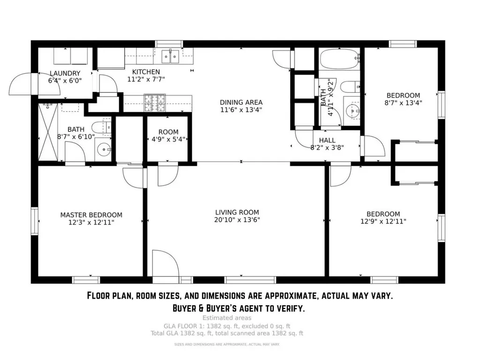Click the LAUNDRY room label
pyautogui.click(x=65, y=74)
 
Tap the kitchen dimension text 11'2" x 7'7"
pyautogui.click(x=146, y=79)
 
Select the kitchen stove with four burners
pyautogui.click(x=155, y=103)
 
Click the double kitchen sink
pyautogui.click(x=170, y=57)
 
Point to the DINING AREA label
pyautogui.click(x=241, y=102)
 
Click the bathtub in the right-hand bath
pyautogui.click(x=339, y=59)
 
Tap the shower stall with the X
pyautogui.click(x=48, y=132)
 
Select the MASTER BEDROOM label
pyautogui.click(x=91, y=215)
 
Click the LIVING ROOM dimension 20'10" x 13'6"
pyautogui.click(x=237, y=220)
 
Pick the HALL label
pyautogui.click(x=327, y=140)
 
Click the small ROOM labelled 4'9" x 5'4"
pyautogui.click(x=168, y=135)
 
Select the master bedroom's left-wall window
pyautogui.click(x=35, y=221)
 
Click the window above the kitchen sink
pyautogui.click(x=169, y=44)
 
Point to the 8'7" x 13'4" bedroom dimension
pyautogui.click(x=403, y=103)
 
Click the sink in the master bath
pyautogui.click(x=104, y=150)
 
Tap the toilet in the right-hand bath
pyautogui.click(x=350, y=87)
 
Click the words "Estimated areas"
pyautogui.click(x=227, y=318)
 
